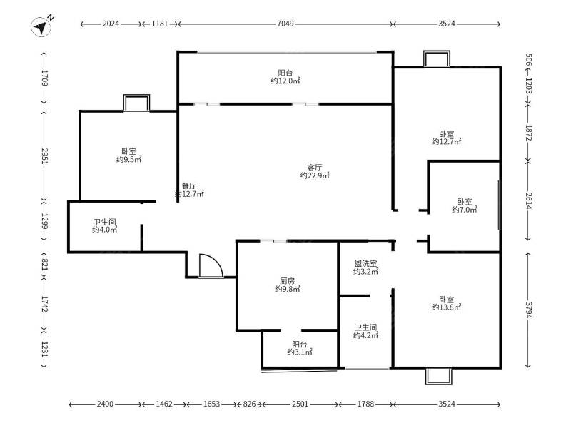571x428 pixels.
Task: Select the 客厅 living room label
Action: (314, 167)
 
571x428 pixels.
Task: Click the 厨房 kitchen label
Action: (288, 280)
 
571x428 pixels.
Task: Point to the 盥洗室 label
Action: (365, 263)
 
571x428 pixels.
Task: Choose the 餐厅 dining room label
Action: (189, 184)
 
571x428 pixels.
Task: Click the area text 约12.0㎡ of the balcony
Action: (285, 81)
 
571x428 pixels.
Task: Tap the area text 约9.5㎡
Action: (128, 160)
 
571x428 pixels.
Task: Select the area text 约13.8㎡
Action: (446, 307)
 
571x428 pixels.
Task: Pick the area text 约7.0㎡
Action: (464, 210)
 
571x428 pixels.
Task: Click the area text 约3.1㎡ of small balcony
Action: (299, 352)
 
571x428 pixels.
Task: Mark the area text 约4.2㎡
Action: (365, 336)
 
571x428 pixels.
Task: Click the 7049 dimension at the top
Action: (285, 24)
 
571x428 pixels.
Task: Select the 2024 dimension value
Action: (110, 24)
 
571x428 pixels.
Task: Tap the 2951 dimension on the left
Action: (44, 156)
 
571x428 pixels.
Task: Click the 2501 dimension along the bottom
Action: (300, 405)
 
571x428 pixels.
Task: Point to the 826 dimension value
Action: (249, 405)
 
